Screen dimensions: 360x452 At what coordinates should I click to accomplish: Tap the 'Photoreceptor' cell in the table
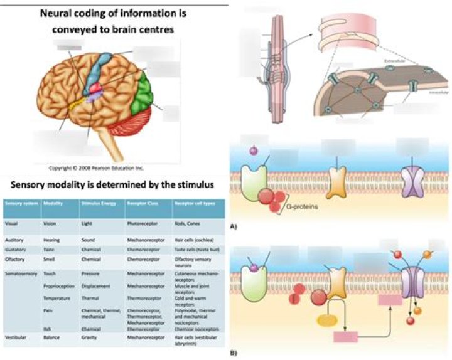(142, 223)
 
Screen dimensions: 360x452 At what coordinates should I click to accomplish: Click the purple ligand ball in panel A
(254, 151)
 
